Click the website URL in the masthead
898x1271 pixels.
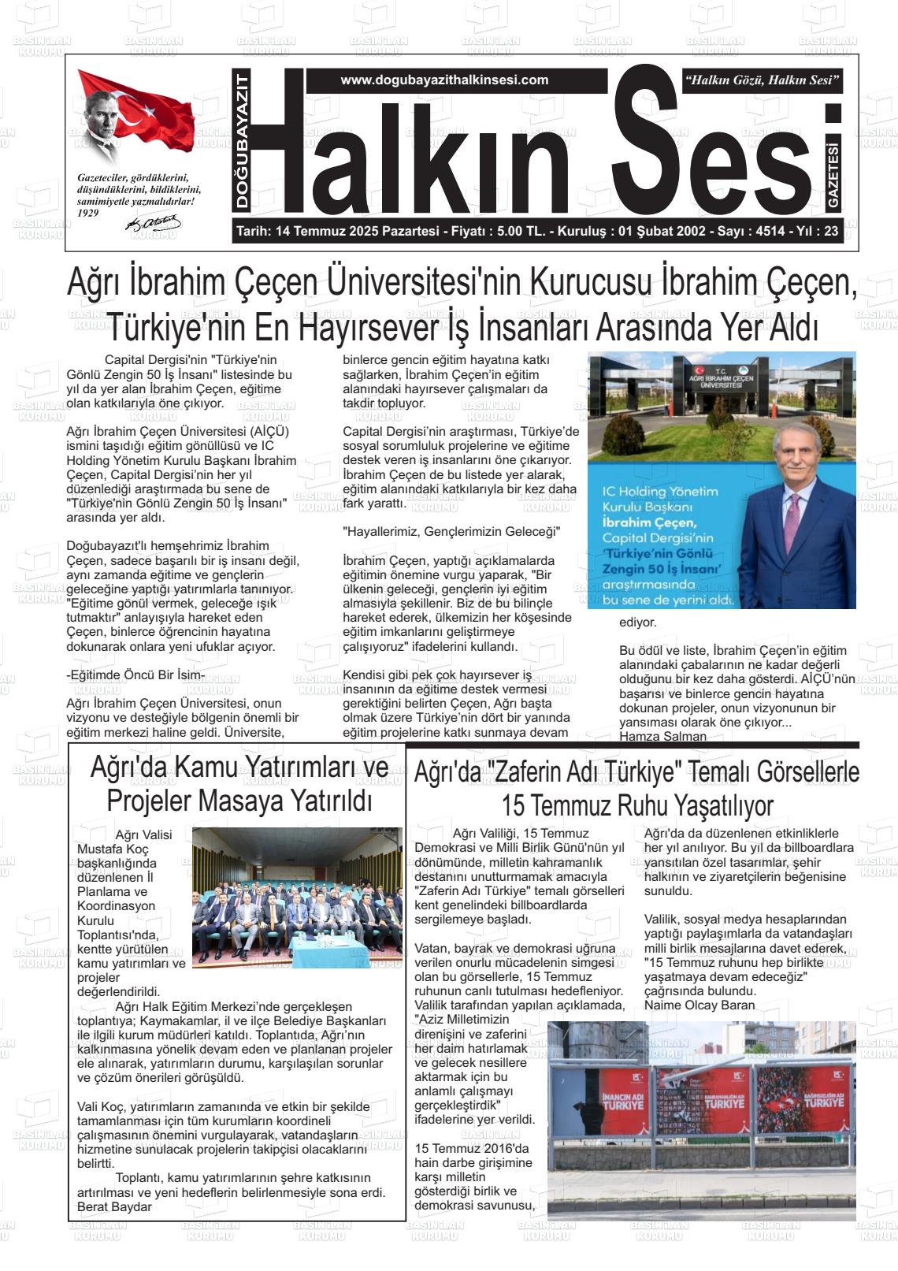coord(444,80)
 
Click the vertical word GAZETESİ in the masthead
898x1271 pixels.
coord(833,177)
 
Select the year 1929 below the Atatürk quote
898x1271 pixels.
coord(88,213)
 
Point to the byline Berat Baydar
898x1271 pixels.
coord(114,1206)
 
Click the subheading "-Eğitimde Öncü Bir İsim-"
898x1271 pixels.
coord(135,675)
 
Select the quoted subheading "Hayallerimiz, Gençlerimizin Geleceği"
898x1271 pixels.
coord(451,532)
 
